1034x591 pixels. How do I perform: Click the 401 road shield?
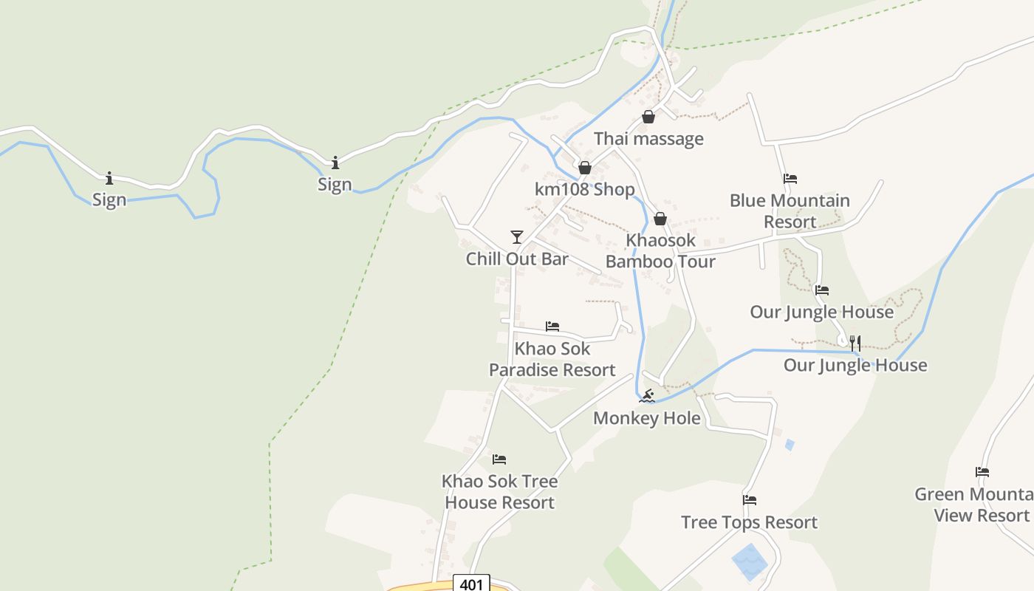(x=470, y=584)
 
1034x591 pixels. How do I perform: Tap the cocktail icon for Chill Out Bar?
(x=517, y=236)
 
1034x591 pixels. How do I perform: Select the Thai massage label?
(x=648, y=139)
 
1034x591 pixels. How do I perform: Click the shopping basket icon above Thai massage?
(x=648, y=117)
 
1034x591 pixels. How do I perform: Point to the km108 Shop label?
(x=584, y=190)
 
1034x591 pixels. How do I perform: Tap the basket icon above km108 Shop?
(x=584, y=168)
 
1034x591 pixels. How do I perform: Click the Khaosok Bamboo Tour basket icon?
(x=660, y=219)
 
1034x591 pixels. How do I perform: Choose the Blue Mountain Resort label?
(x=790, y=211)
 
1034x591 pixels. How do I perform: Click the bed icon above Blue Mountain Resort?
(x=790, y=178)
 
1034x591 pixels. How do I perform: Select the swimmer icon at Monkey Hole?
(x=647, y=396)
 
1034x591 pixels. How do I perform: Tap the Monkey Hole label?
(x=647, y=418)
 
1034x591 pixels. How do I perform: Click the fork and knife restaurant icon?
(x=855, y=343)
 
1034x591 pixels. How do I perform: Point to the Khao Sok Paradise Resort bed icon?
(x=552, y=326)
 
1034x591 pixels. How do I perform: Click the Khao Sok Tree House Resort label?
(x=499, y=492)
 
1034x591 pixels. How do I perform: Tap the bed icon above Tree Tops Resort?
(x=750, y=500)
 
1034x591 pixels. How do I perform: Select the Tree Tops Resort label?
(x=750, y=522)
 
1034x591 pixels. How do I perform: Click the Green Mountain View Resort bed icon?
(x=982, y=472)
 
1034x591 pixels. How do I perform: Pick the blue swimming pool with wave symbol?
(x=750, y=561)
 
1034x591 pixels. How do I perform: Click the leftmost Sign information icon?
(x=109, y=178)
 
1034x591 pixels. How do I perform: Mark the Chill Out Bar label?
(x=517, y=259)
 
